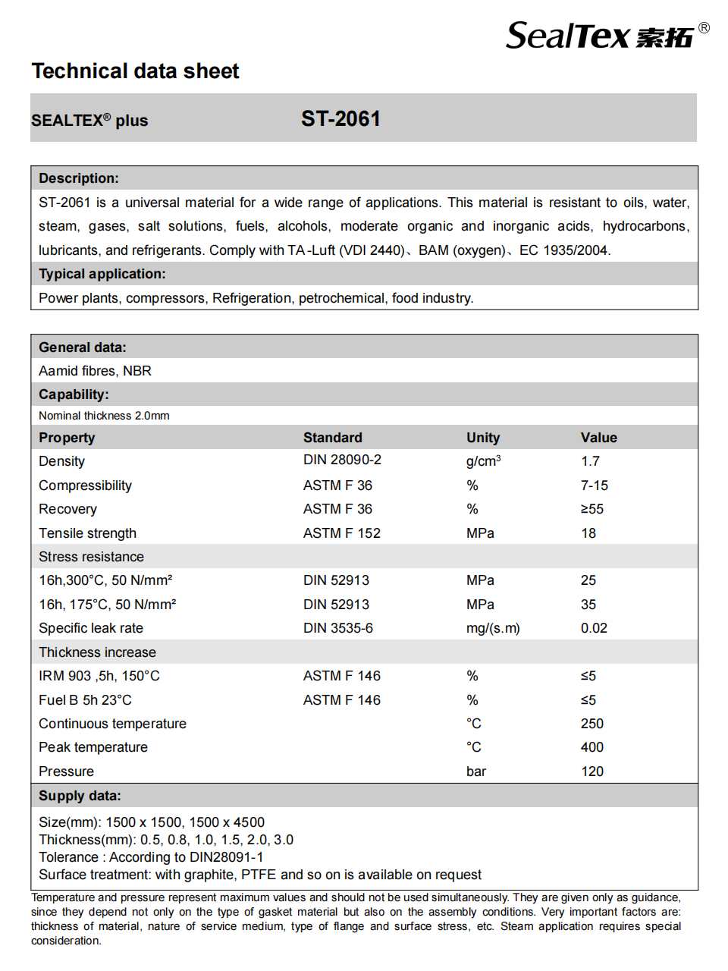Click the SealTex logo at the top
point(607,36)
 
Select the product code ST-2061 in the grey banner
point(340,119)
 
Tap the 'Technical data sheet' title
point(135,71)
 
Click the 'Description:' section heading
point(79,178)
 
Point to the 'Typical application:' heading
point(102,274)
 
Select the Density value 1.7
point(590,461)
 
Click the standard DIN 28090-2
point(342,460)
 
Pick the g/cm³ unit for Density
point(483,461)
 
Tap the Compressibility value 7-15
point(594,485)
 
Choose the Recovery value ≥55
point(591,509)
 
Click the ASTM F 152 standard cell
point(341,533)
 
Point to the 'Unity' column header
point(482,438)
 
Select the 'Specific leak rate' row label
point(91,628)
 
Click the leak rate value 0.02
point(594,628)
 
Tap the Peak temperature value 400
point(591,747)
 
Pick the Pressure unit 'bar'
point(475,771)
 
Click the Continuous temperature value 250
point(591,724)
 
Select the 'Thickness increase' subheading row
point(97,652)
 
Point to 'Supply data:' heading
point(80,796)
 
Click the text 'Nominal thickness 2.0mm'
point(104,416)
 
